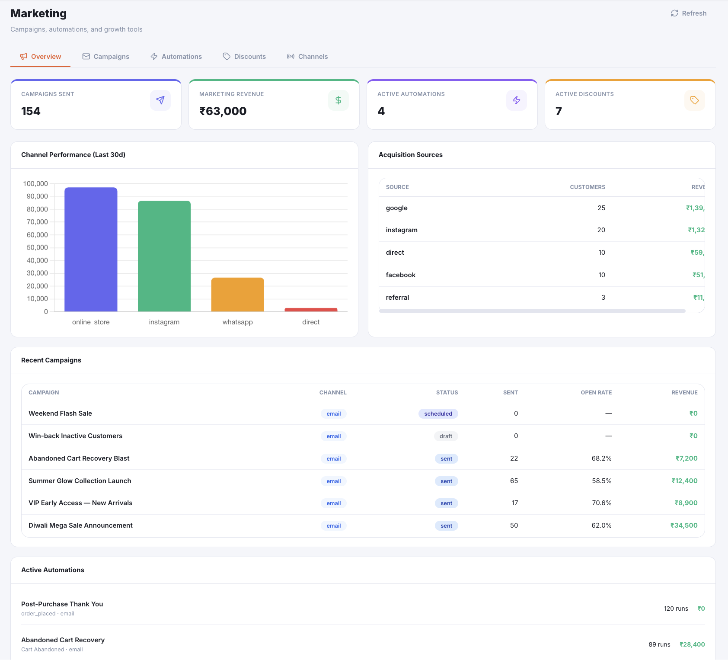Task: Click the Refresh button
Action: click(x=689, y=13)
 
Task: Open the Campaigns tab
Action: click(x=106, y=57)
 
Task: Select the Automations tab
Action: click(x=176, y=57)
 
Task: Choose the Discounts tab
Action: click(x=244, y=57)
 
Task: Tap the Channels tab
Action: click(x=307, y=57)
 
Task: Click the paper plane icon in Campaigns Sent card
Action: click(x=160, y=100)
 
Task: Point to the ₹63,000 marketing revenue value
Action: click(x=223, y=111)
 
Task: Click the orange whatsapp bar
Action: click(x=238, y=295)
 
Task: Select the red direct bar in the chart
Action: click(x=311, y=310)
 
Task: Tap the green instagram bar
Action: click(x=164, y=256)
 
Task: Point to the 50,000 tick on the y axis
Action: click(x=37, y=247)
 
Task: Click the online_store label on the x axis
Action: click(x=91, y=322)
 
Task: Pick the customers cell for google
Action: click(x=601, y=208)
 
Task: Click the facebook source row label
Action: click(x=401, y=275)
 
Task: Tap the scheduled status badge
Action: click(x=438, y=413)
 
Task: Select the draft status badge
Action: click(x=446, y=436)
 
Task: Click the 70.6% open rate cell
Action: click(x=602, y=503)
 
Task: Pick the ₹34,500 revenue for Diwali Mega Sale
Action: click(x=684, y=525)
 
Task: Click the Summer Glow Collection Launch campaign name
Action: click(x=80, y=481)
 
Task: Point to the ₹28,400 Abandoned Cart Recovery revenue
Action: click(x=692, y=644)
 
